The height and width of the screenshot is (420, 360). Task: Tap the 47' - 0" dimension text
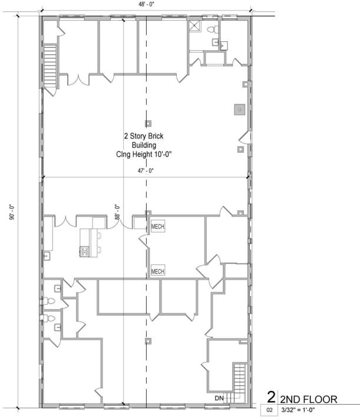point(146,171)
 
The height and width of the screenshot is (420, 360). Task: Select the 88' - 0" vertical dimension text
point(117,212)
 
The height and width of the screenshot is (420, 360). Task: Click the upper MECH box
point(157,227)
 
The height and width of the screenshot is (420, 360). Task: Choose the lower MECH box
point(157,271)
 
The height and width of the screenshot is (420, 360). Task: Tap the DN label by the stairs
point(219,399)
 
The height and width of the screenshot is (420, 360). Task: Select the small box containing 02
point(269,409)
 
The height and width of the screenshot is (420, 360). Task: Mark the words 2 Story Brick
point(143,136)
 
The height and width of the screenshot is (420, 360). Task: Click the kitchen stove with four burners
point(84,251)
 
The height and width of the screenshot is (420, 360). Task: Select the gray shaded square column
point(239,109)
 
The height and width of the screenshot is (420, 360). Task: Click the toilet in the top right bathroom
point(215,28)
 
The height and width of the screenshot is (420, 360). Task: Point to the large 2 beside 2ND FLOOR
point(271,396)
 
